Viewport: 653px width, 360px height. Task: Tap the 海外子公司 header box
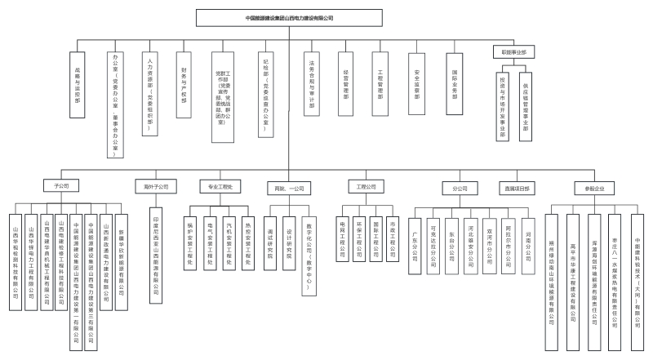pyautogui.click(x=155, y=187)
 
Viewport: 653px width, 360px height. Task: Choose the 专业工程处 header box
pyautogui.click(x=220, y=187)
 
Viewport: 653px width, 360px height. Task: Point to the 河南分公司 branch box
pyautogui.click(x=528, y=243)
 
